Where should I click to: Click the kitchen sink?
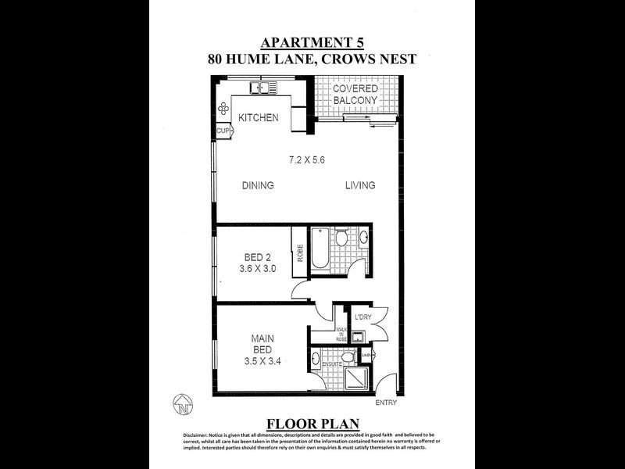coord(259,88)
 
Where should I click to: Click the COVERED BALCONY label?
coord(355,94)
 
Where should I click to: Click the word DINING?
coord(257,186)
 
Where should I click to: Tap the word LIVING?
coord(360,186)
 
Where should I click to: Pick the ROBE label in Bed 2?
coord(299,253)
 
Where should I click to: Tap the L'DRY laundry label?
coord(362,317)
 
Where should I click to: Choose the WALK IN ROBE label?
coord(341,335)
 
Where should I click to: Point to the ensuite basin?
coord(315,362)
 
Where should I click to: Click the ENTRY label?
coord(387,403)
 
